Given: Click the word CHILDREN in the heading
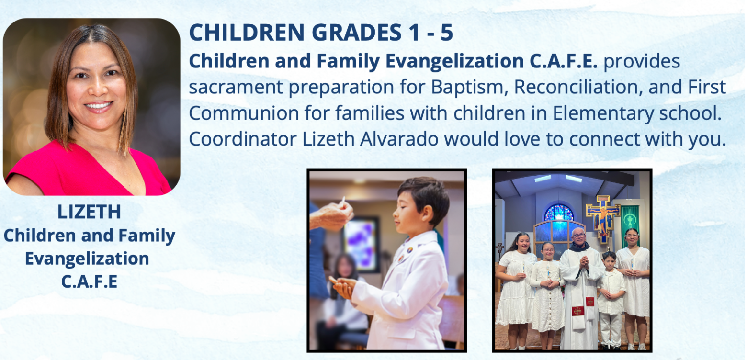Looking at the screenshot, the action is point(247,33).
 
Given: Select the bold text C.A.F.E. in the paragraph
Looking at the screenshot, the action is point(563,61).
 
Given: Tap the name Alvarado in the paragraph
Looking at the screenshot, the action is point(399,139).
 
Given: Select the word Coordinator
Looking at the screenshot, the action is point(243,139).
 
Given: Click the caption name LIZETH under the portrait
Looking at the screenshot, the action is point(89,212).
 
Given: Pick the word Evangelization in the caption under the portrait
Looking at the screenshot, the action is point(87,259).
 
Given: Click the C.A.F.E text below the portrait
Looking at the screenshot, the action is point(89,281).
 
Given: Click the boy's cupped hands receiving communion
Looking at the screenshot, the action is point(342,286).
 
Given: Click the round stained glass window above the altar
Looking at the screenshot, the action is point(559,213).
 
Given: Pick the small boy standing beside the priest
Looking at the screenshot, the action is point(611,300).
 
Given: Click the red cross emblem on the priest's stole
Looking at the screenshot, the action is point(577,311).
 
